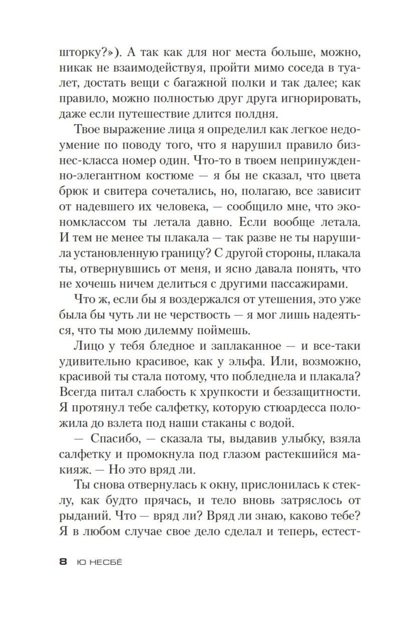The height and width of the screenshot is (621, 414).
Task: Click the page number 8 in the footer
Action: (63, 562)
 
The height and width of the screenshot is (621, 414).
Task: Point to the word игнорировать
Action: (319, 99)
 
